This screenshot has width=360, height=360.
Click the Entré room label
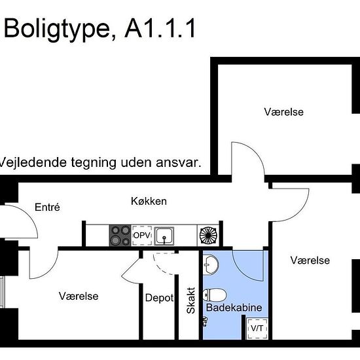[x=47, y=207]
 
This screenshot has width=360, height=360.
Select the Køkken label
[x=149, y=201]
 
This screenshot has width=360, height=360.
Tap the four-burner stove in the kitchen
[x=120, y=235]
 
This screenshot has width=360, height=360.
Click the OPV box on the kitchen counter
[x=141, y=235]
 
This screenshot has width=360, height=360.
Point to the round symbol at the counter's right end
[x=207, y=235]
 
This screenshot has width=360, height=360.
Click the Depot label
[x=159, y=298]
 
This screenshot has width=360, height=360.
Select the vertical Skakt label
[x=190, y=300]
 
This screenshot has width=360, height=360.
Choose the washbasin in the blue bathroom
[x=211, y=264]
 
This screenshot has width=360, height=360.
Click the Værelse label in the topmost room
[x=283, y=112]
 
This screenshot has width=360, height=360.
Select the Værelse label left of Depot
[x=79, y=297]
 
